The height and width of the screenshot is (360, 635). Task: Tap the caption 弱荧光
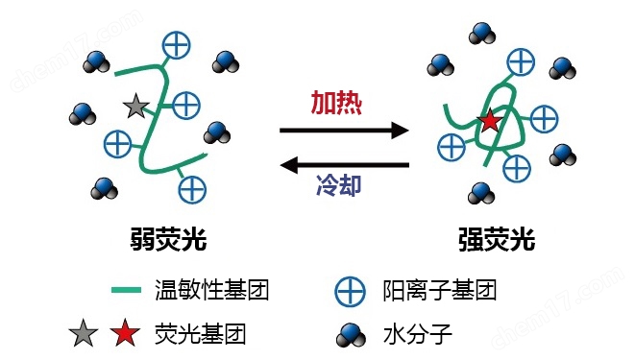(168, 238)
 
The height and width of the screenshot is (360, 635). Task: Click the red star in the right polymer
(489, 121)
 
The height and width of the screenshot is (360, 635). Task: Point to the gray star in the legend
(83, 335)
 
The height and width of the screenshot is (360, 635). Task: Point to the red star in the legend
(122, 335)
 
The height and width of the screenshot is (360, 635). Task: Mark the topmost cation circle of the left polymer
(176, 43)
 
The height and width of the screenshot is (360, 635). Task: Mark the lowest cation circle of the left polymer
(192, 188)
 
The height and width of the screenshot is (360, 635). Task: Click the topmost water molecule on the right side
(482, 34)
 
